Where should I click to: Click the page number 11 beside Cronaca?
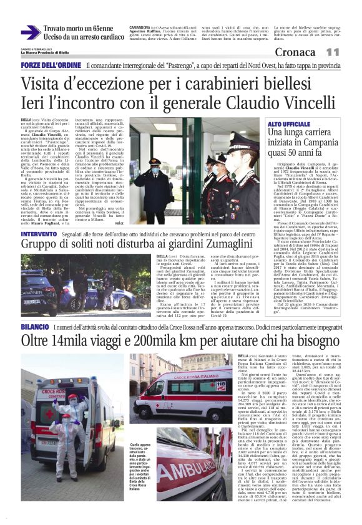tap(350, 52)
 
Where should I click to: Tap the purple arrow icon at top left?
tap(30, 33)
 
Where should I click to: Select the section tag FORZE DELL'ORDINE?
tap(51, 65)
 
